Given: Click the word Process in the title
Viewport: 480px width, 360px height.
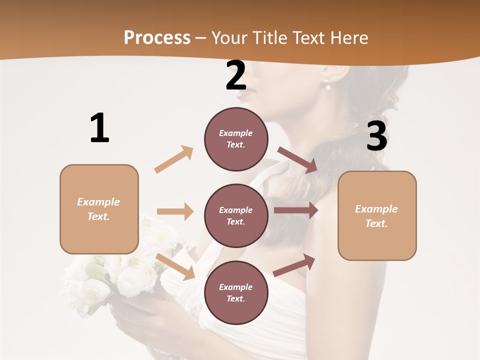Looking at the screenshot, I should pyautogui.click(x=157, y=38).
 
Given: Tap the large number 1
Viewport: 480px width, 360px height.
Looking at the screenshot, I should pyautogui.click(x=99, y=128).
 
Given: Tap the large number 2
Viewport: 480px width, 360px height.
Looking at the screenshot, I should pyautogui.click(x=236, y=75).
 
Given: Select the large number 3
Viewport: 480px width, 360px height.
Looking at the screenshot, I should pyautogui.click(x=376, y=136).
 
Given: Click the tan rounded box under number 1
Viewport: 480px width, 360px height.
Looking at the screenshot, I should pyautogui.click(x=99, y=209).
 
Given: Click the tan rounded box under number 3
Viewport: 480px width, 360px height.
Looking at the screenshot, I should pyautogui.click(x=377, y=215).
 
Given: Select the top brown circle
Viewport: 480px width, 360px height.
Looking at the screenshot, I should pyautogui.click(x=236, y=139).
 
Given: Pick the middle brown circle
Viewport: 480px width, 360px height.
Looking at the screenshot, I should pyautogui.click(x=236, y=215).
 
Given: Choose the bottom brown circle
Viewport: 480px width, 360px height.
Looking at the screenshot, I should pyautogui.click(x=236, y=292).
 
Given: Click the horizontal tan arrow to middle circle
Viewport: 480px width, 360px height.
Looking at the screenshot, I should pyautogui.click(x=175, y=211).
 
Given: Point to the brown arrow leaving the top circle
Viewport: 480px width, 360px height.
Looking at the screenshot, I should pyautogui.click(x=297, y=160).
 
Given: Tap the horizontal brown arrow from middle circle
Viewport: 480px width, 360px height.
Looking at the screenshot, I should pyautogui.click(x=296, y=210).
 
